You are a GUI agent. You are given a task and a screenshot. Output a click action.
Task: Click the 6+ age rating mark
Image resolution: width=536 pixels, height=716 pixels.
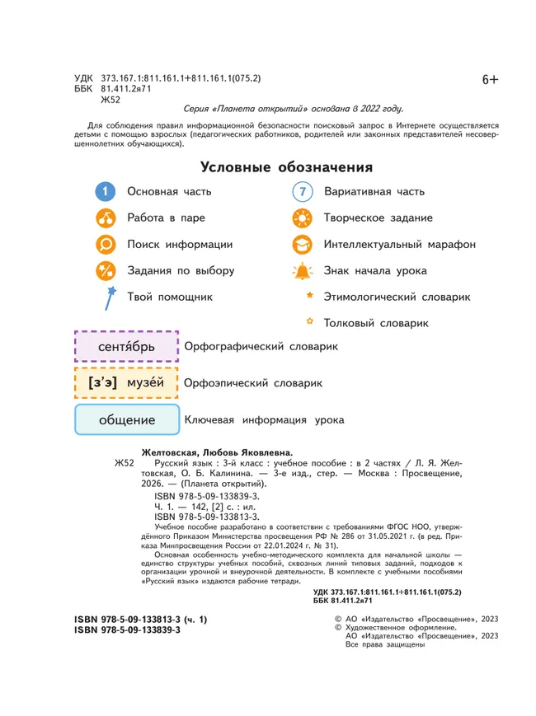490,79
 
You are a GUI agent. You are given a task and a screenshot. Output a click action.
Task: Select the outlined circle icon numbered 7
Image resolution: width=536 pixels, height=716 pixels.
303,192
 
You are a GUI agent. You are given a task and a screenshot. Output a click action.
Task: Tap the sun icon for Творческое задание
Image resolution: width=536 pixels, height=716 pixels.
303,218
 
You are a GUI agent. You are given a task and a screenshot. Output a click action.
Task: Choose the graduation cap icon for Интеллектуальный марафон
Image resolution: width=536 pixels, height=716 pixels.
303,245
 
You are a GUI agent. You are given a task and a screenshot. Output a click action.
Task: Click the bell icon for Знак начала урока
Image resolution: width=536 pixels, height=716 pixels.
303,271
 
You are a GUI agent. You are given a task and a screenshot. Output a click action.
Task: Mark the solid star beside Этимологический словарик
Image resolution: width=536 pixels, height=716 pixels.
309,295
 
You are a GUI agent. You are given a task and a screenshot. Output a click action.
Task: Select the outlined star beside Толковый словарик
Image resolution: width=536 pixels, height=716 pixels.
309,321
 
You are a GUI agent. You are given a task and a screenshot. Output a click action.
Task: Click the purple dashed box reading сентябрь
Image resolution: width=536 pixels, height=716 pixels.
126,347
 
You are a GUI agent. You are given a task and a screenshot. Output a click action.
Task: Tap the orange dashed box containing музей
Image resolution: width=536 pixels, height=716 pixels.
126,383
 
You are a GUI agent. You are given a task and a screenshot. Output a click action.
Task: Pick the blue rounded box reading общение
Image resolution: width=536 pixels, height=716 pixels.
127,420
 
